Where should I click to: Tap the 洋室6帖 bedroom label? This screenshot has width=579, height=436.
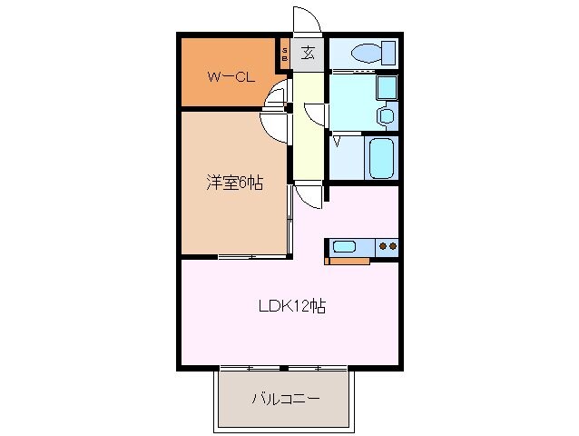point(233,183)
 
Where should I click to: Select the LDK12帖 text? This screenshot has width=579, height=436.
point(290,306)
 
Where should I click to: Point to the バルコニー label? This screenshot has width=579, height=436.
point(284,399)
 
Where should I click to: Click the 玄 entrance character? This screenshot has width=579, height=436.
point(309,53)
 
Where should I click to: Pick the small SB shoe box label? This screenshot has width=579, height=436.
point(285,54)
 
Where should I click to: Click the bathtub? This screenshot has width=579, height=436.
point(380,158)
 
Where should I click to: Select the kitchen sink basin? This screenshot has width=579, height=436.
point(345,245)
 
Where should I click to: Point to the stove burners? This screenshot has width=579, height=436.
point(387,245)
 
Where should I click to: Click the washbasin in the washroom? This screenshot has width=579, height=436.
point(386,115)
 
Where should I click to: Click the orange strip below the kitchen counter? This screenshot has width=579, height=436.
point(348,262)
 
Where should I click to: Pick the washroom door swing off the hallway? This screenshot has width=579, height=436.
point(315,113)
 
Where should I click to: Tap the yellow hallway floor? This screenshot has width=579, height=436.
point(307,145)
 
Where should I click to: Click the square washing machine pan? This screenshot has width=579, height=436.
point(385,89)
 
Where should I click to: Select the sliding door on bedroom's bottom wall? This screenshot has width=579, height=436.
point(249,258)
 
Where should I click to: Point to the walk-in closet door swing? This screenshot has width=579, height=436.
point(278,94)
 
